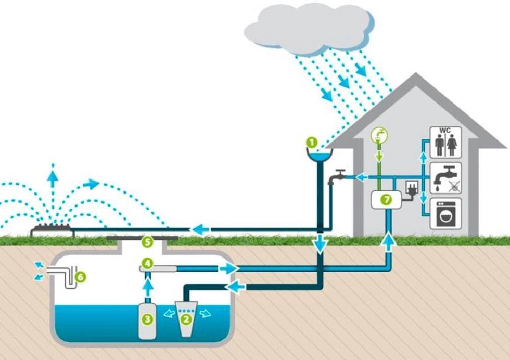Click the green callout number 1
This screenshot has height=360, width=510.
[x=311, y=142]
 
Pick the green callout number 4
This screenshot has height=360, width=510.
[x=147, y=264]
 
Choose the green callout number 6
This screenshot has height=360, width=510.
[x=80, y=277]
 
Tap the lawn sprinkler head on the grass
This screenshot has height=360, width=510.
[x=52, y=229]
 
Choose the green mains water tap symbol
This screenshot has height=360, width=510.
[x=378, y=137]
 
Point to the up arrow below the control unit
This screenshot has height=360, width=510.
[x=388, y=239]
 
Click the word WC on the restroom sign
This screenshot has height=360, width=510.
[x=445, y=130]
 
